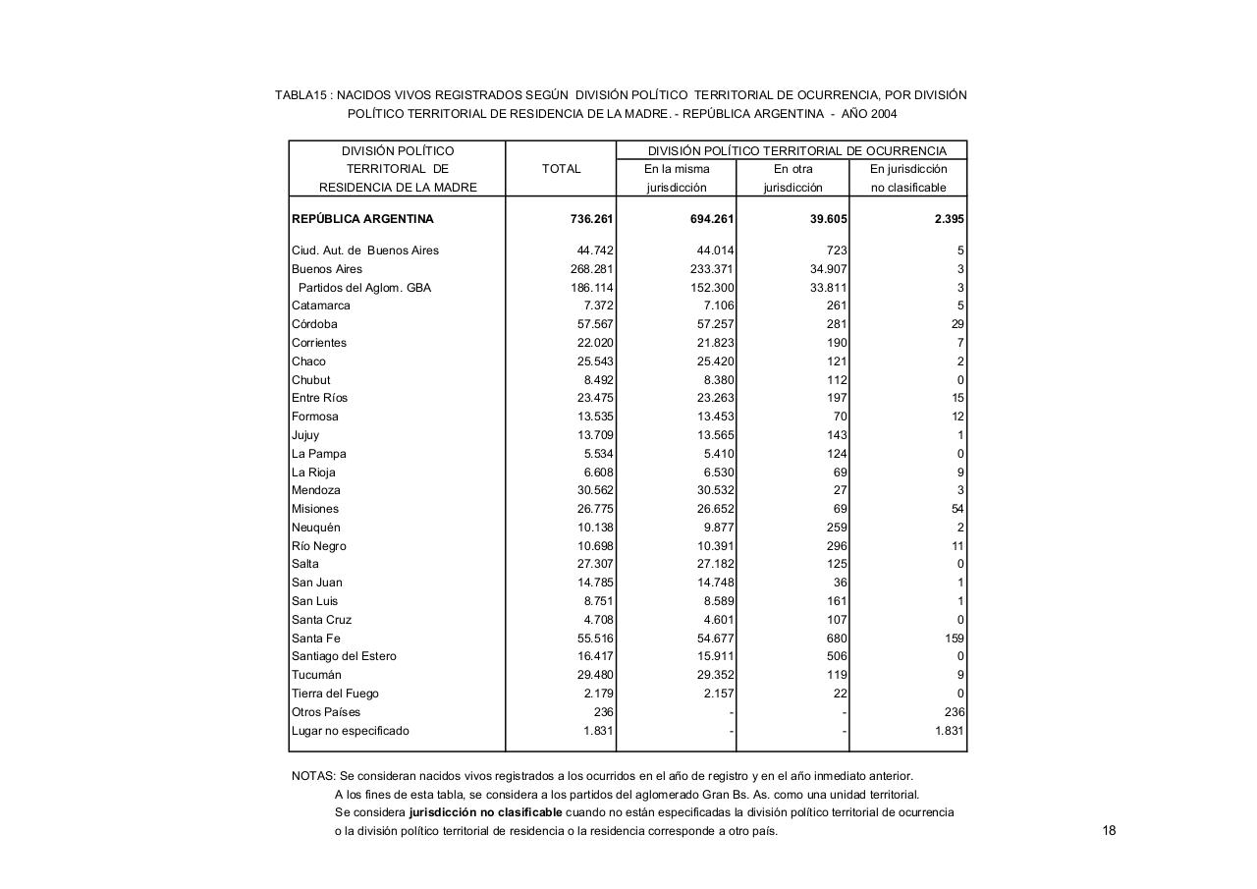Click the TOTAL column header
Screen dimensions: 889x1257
[x=561, y=169]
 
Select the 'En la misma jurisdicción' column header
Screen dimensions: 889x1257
[x=676, y=178]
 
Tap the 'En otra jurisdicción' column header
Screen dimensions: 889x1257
[x=792, y=178]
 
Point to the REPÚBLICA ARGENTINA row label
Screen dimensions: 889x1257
[x=362, y=219]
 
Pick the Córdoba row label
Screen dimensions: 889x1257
[x=314, y=324]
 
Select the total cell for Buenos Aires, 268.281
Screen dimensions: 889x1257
[x=591, y=269]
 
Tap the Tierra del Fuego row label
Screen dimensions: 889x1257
[x=335, y=694]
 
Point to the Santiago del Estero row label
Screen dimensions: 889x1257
[x=344, y=656]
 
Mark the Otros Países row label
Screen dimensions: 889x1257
[x=326, y=712]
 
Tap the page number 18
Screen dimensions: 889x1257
[x=1109, y=831]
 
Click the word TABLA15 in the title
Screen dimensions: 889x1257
[x=301, y=95]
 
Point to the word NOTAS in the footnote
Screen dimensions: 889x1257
[x=313, y=776]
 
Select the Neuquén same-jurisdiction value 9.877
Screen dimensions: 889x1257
[x=715, y=528]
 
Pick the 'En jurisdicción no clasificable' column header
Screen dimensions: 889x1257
[x=908, y=178]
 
